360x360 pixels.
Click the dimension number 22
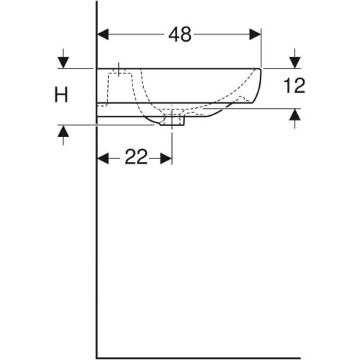135,158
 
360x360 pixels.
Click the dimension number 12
294,86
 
